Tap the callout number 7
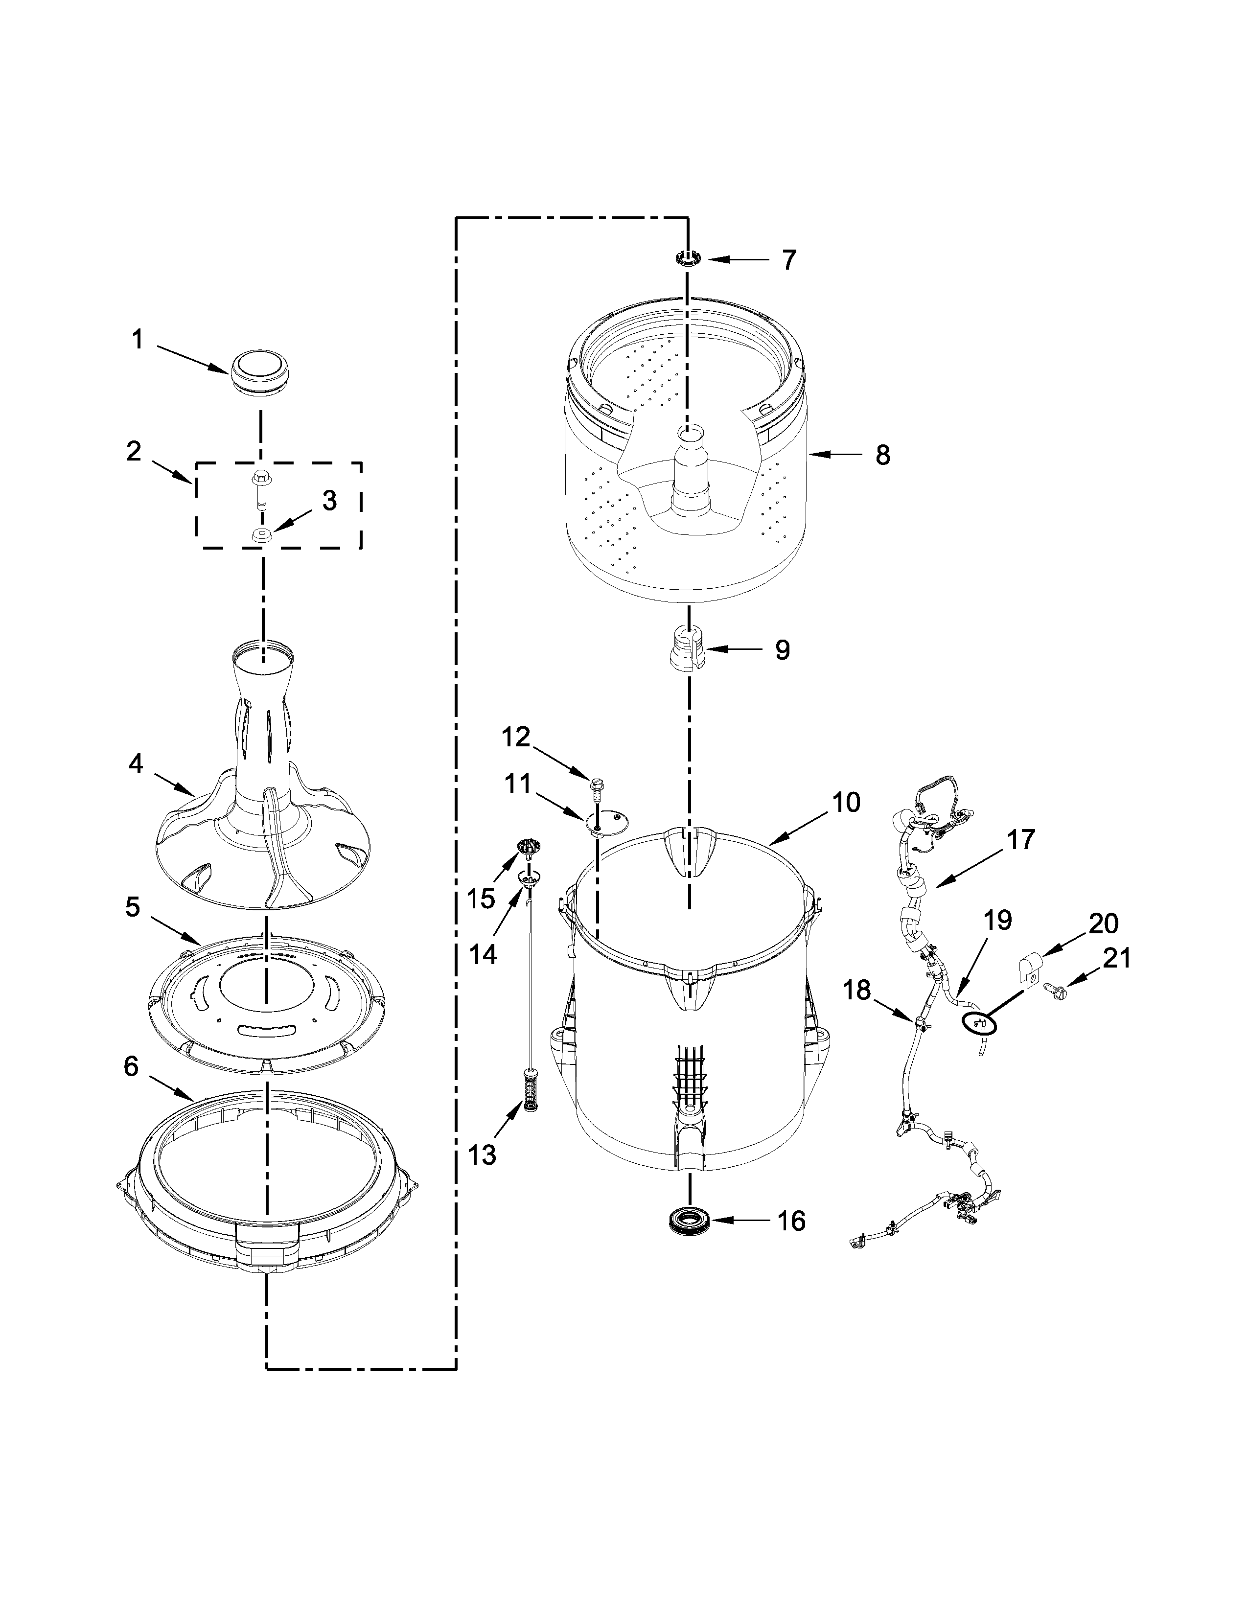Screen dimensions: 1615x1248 789,260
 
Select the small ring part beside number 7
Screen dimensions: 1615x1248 688,259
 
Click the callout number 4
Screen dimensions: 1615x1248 135,764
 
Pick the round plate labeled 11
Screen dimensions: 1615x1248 606,819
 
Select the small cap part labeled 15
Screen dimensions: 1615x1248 527,848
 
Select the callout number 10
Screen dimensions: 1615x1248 846,802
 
